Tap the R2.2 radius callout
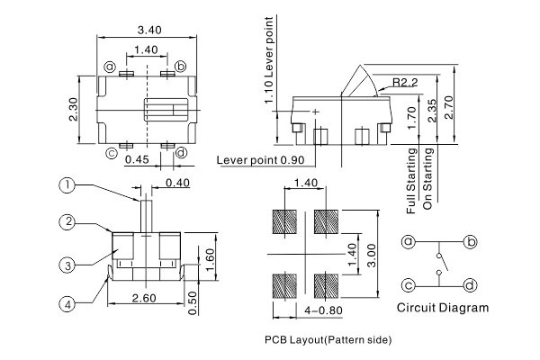404,82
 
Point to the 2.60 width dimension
145,298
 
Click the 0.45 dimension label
137,159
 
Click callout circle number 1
67,185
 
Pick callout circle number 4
67,304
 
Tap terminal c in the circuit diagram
409,285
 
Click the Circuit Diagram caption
443,308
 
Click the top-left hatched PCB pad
285,221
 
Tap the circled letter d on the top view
182,152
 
